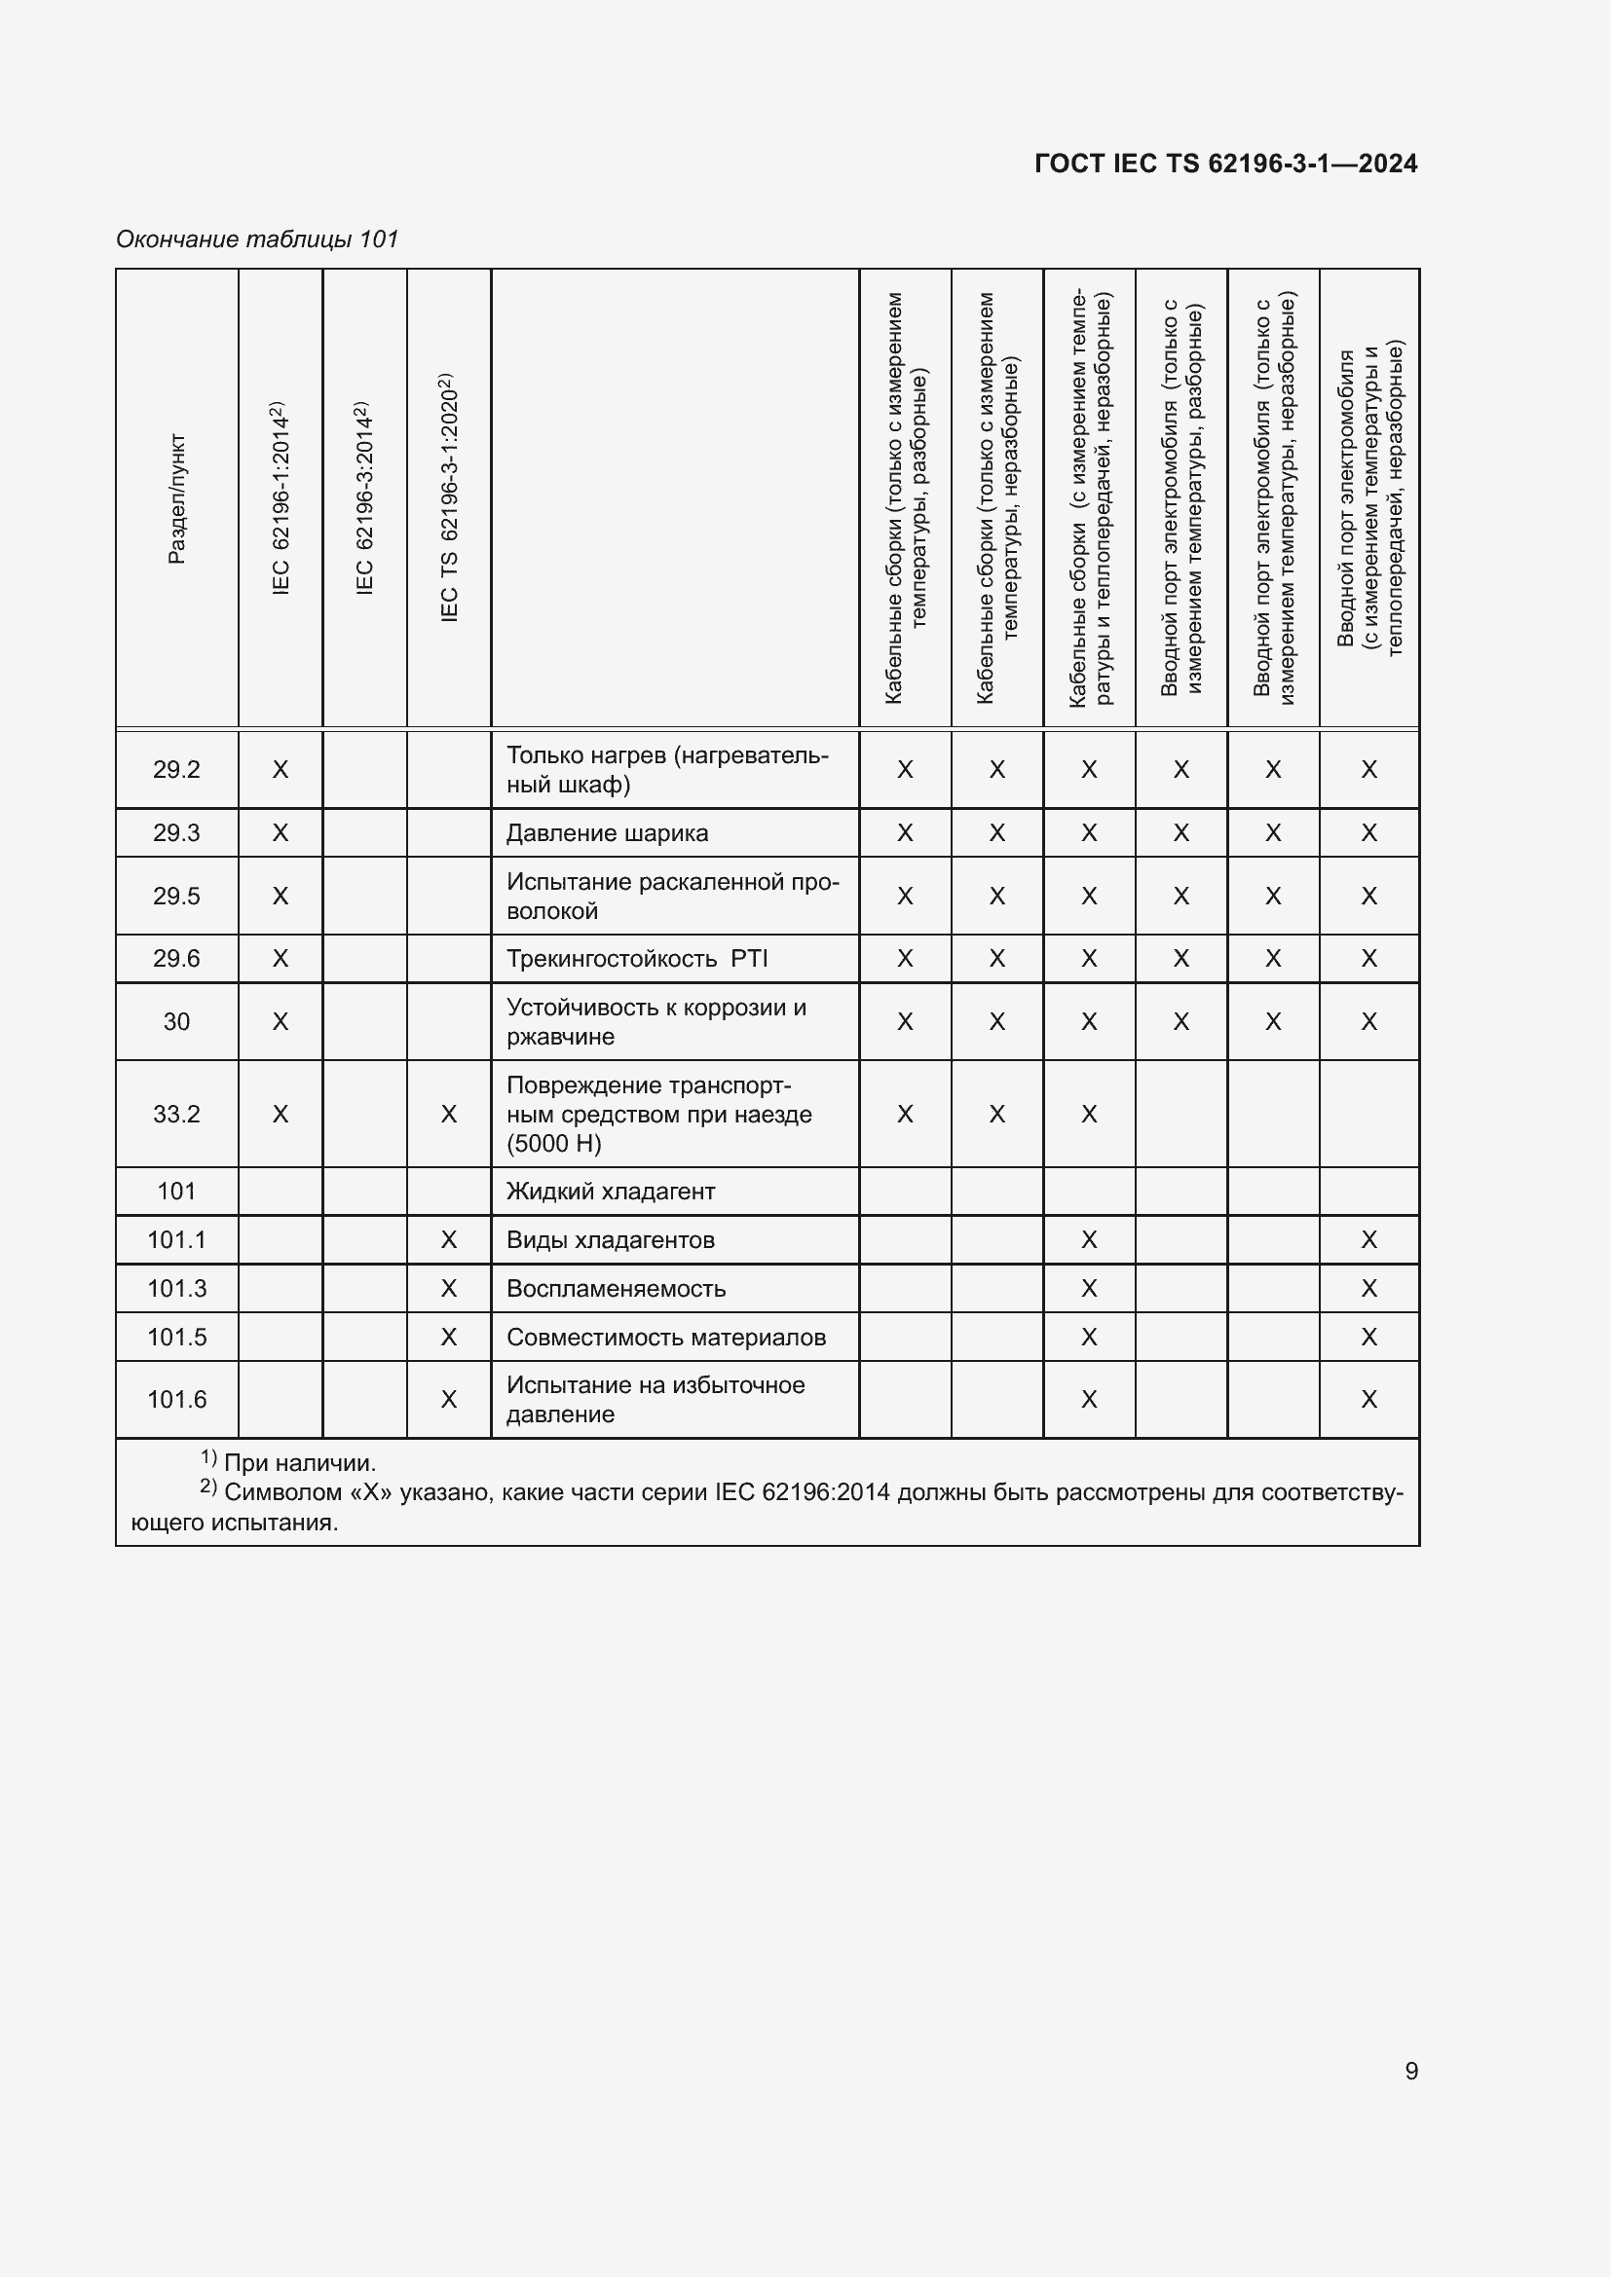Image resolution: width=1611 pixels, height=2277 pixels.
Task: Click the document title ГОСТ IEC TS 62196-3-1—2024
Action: click(1225, 164)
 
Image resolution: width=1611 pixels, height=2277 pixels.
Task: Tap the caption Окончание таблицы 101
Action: click(257, 239)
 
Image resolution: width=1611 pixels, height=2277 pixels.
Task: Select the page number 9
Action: click(1410, 2070)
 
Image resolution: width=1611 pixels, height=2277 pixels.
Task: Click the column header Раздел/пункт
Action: click(176, 497)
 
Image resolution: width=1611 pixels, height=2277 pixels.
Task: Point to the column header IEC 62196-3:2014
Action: click(364, 497)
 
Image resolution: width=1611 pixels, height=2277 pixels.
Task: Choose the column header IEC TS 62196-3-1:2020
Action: click(448, 497)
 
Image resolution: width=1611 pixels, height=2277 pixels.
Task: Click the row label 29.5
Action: click(176, 896)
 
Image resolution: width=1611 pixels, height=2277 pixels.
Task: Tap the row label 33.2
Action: click(176, 1114)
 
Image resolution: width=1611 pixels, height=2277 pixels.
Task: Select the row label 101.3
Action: click(176, 1288)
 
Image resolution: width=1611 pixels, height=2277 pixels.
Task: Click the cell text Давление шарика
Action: click(607, 833)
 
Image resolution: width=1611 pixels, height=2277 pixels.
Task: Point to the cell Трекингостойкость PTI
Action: click(637, 959)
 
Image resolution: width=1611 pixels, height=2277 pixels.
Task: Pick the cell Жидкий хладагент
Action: click(610, 1191)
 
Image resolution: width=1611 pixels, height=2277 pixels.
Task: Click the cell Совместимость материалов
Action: click(665, 1337)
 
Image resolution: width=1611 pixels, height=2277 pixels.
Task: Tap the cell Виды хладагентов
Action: click(610, 1239)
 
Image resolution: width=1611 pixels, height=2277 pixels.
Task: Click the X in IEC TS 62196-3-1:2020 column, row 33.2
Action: click(448, 1114)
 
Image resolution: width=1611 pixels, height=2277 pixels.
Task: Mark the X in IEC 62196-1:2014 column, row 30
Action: click(281, 1021)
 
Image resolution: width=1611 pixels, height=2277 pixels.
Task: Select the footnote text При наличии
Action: click(300, 1463)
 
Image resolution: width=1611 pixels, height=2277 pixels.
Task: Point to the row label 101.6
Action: click(176, 1399)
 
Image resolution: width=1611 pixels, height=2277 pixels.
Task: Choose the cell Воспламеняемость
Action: click(616, 1288)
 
